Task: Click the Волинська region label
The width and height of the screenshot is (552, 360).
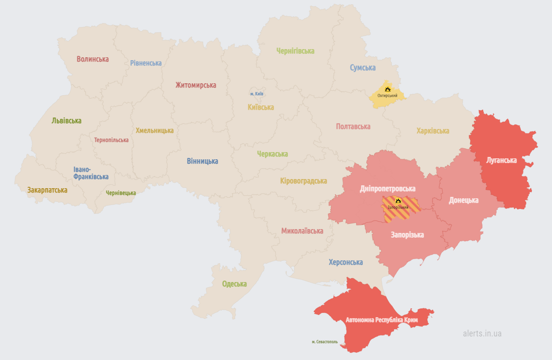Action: [93, 59]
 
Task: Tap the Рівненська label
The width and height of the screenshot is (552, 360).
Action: [146, 63]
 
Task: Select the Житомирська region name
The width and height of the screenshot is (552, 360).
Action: [195, 85]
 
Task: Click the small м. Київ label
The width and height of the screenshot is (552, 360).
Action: [257, 93]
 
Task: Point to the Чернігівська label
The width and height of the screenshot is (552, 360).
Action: [295, 51]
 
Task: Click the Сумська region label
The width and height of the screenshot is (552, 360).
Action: [362, 68]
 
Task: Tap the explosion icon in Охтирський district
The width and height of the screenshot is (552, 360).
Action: [387, 89]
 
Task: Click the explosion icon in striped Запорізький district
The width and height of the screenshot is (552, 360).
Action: [398, 201]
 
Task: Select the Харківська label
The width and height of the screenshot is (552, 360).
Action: [433, 131]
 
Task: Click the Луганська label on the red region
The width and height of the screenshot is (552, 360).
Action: [501, 160]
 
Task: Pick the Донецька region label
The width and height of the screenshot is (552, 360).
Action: [463, 200]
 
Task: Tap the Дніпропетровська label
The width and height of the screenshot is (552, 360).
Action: [387, 189]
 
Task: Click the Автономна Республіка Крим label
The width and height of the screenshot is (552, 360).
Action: [382, 320]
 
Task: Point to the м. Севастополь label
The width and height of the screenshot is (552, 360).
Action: [324, 342]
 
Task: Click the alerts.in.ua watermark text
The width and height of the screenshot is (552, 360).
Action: [482, 333]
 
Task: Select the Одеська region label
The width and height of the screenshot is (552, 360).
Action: [234, 284]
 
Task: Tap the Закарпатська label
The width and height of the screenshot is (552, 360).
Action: [47, 190]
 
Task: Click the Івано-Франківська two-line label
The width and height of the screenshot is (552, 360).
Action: [90, 173]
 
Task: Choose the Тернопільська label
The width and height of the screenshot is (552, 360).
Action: [111, 140]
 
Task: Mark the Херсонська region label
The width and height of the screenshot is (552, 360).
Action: [346, 262]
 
